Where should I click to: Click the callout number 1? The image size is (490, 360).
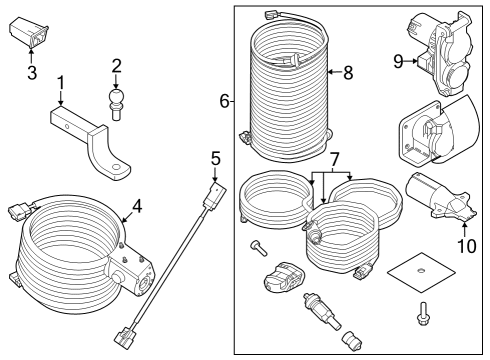click(x=61, y=82)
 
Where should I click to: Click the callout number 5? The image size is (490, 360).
click(x=215, y=158)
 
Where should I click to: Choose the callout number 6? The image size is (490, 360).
click(x=223, y=101)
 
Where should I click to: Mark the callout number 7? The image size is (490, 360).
click(x=336, y=160)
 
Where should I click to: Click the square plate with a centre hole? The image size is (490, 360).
click(x=419, y=273)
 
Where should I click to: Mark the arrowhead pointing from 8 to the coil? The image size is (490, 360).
click(x=326, y=72)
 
